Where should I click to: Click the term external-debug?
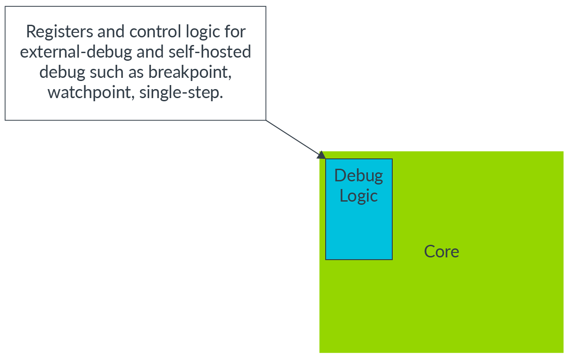tap(76, 52)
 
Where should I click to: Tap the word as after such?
tap(135, 72)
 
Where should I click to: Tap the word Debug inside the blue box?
tap(359, 175)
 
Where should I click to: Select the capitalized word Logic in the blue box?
tap(359, 195)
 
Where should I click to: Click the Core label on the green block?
tap(441, 252)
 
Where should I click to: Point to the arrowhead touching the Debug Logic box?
tap(321, 155)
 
